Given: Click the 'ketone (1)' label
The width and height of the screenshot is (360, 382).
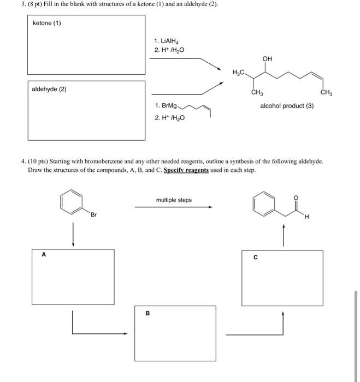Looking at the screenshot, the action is [x=47, y=23].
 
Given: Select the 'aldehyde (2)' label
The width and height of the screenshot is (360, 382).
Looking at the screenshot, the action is [x=49, y=89].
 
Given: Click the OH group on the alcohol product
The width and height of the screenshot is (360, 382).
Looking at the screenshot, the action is [x=267, y=58].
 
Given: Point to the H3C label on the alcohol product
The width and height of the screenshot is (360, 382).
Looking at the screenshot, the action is [x=239, y=72].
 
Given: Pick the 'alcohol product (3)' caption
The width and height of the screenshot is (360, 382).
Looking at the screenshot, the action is [x=287, y=106].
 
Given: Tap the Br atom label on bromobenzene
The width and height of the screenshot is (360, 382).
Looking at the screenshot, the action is [x=93, y=215].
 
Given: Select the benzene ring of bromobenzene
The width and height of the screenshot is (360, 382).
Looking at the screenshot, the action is [x=71, y=202].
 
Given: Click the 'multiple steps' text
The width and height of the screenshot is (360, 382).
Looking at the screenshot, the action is [x=174, y=200].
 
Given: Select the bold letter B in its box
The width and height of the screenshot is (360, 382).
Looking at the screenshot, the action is [x=146, y=313].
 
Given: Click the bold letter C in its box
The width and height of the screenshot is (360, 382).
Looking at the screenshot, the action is [x=255, y=259].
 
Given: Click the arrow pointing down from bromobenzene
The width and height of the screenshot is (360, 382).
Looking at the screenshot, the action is [x=73, y=234].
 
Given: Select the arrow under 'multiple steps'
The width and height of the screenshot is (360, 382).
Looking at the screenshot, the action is [x=174, y=207].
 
